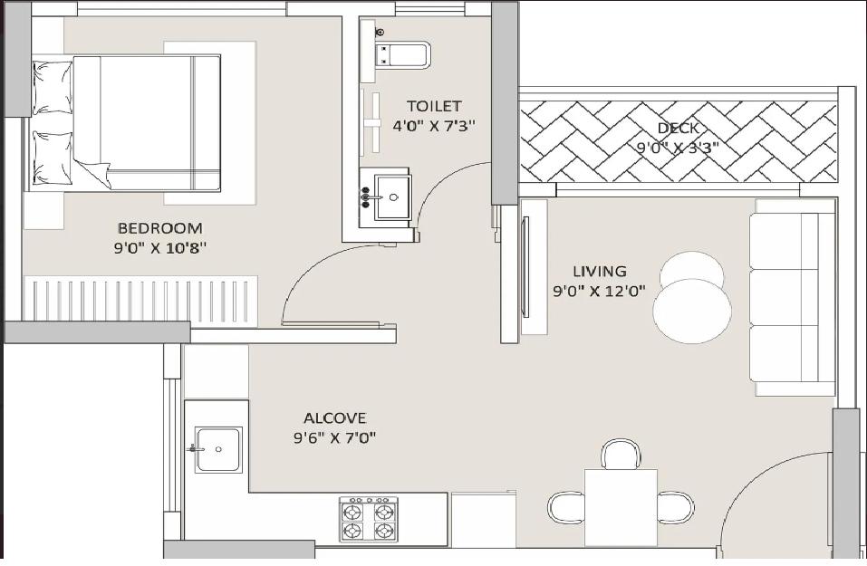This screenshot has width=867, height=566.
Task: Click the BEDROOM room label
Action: (x=159, y=227)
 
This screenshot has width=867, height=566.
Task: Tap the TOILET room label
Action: (x=434, y=106)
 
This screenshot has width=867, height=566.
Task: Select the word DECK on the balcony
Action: (x=678, y=129)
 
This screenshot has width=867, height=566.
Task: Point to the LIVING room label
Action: (x=600, y=272)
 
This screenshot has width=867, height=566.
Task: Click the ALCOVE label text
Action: (x=334, y=417)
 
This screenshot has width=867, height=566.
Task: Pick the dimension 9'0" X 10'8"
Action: (x=160, y=247)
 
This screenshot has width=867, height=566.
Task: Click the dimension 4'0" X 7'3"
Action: (x=434, y=126)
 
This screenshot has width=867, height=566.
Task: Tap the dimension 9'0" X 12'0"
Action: (x=600, y=291)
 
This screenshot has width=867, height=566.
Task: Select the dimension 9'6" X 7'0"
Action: (x=334, y=437)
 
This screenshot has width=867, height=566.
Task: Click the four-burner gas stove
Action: (x=368, y=520)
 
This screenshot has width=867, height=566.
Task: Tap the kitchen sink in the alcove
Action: (x=217, y=449)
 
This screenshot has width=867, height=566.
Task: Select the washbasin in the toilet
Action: (x=392, y=197)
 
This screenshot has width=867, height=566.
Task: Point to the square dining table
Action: (x=621, y=507)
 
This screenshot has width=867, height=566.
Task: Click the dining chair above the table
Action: (x=621, y=455)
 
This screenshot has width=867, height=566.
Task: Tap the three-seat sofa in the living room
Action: (x=792, y=297)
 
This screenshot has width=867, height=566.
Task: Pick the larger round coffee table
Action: (x=692, y=312)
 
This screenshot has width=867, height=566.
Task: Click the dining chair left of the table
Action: (x=566, y=507)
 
